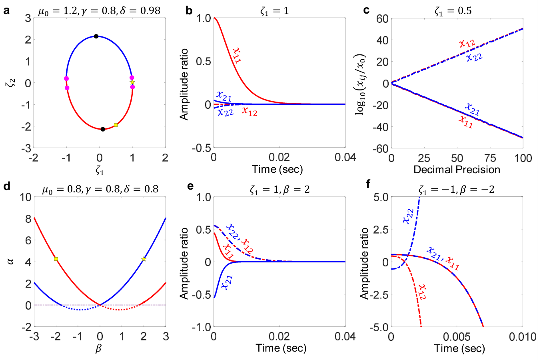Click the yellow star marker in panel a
[132, 82]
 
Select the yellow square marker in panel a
[116, 125]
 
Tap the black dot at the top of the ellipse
[96, 36]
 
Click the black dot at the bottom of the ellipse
[103, 129]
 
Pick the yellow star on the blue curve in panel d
[144, 259]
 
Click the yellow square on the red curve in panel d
[56, 259]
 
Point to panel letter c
[366, 10]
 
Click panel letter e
[191, 186]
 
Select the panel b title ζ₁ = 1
[274, 11]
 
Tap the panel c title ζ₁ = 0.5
[453, 11]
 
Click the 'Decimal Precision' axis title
[457, 170]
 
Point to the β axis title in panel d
[98, 349]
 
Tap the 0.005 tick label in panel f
[457, 337]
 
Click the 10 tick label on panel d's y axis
[25, 197]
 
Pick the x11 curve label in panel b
[236, 55]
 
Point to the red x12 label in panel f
[422, 292]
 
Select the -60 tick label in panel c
[380, 148]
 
